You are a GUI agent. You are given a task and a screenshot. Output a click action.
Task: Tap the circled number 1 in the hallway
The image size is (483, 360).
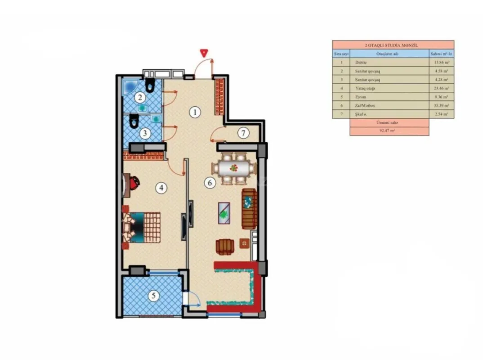click(194, 112)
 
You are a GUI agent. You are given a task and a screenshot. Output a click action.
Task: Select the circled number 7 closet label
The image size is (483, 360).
click(243, 133)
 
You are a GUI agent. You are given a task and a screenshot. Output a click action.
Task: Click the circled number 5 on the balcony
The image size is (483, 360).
click(154, 296)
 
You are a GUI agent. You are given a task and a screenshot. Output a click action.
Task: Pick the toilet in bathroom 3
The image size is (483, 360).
click(133, 121)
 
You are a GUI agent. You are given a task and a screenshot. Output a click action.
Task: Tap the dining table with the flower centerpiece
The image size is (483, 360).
click(233, 169)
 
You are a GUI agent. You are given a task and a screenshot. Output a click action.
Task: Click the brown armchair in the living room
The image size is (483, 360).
click(224, 247)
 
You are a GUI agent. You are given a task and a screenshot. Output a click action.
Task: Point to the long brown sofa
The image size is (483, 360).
click(249, 209)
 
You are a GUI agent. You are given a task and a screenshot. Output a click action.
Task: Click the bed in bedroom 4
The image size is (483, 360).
click(143, 227)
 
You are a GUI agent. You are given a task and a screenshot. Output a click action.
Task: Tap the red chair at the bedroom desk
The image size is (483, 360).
click(134, 182)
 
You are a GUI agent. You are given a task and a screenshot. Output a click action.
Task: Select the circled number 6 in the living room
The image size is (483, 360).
click(209, 183)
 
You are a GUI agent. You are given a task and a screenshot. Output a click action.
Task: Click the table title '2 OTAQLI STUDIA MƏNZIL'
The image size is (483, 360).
click(393, 45)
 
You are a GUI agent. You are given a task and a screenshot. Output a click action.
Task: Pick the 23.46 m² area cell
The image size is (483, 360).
click(441, 89)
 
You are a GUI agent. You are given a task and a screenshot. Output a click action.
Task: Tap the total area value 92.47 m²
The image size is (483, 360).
click(389, 131)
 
